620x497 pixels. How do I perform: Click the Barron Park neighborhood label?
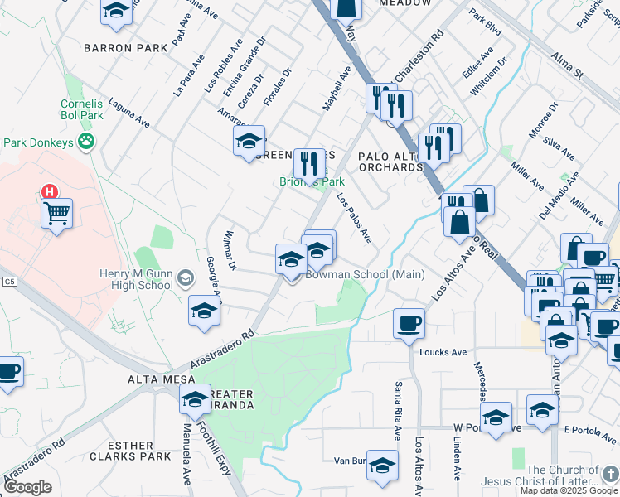pyautogui.click(x=119, y=48)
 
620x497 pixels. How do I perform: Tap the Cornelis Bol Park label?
pyautogui.click(x=82, y=110)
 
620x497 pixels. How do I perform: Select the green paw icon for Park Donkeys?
pyautogui.click(x=86, y=142)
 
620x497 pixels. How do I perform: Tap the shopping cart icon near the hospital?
pyautogui.click(x=57, y=215)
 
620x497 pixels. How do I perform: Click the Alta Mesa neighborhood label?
pyautogui.click(x=154, y=379)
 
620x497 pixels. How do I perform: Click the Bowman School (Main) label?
pyautogui.click(x=366, y=275)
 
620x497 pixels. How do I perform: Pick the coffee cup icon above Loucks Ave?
pyautogui.click(x=408, y=323)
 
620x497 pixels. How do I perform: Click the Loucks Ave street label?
pyautogui.click(x=443, y=352)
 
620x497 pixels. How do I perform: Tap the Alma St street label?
pyautogui.click(x=568, y=66)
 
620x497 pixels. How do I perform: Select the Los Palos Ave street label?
pyautogui.click(x=354, y=218)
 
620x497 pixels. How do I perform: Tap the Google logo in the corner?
pyautogui.click(x=28, y=487)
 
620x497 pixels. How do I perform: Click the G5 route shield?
pyautogui.click(x=9, y=282)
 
